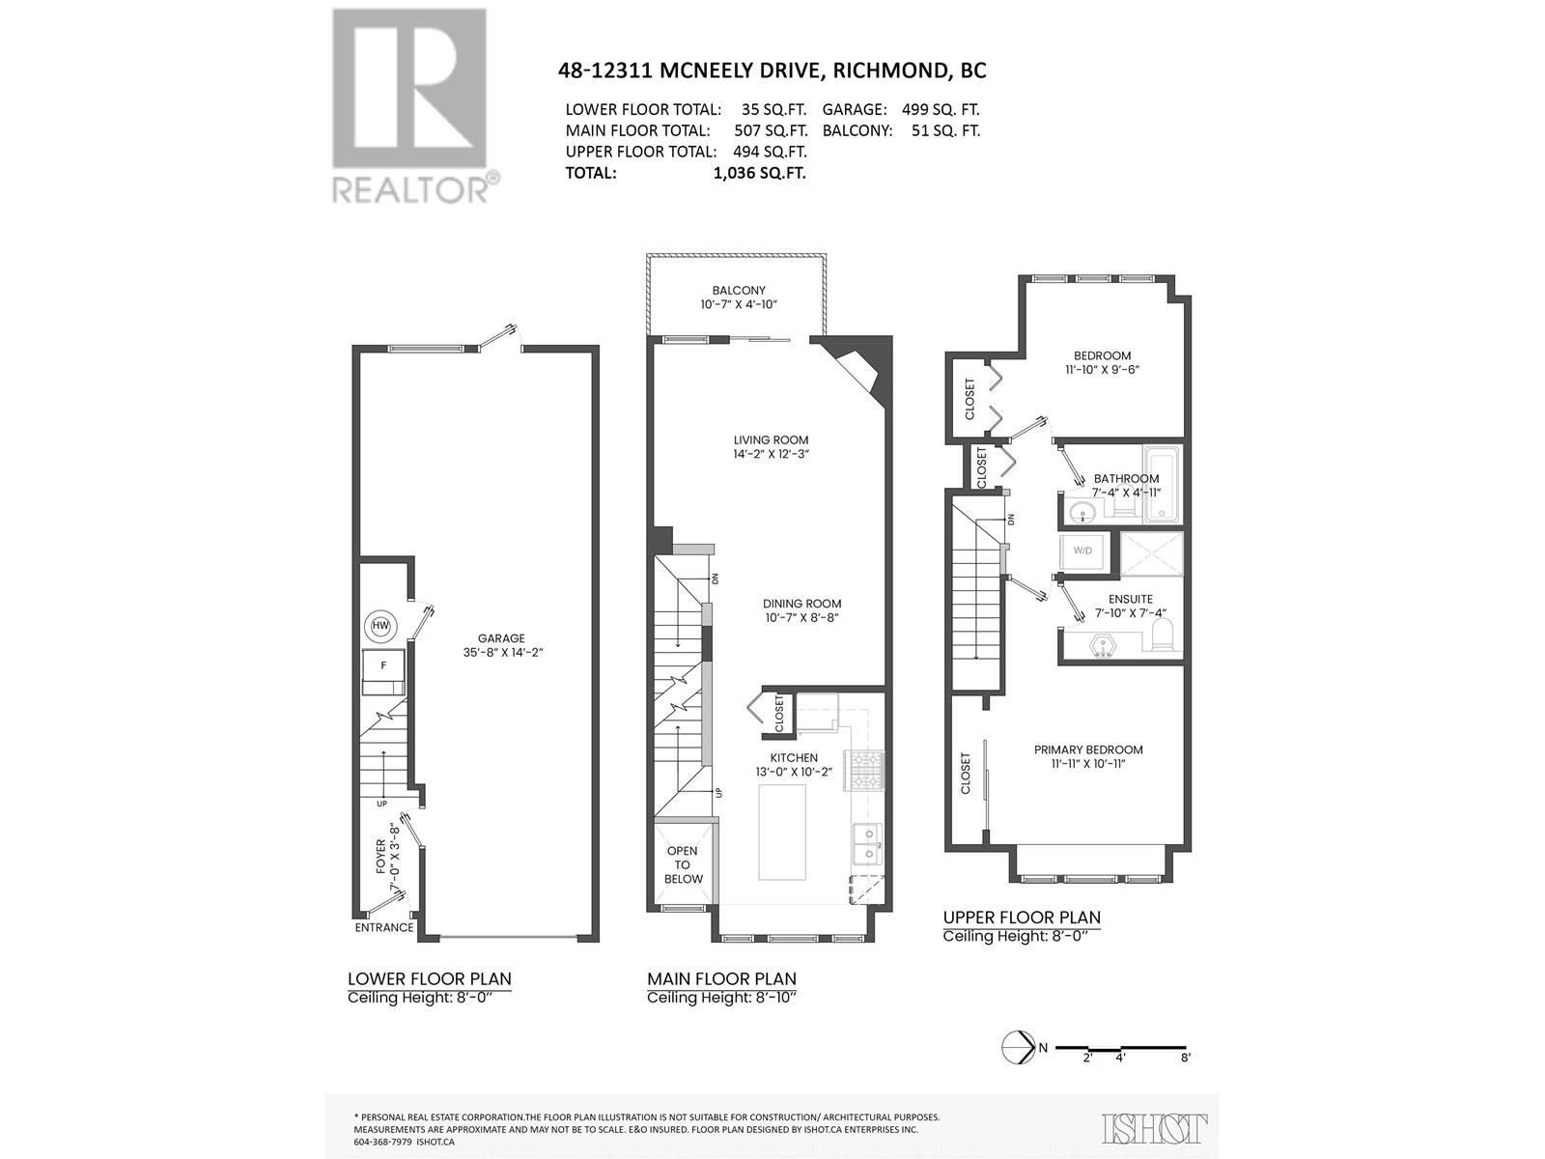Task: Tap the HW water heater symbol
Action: pos(381,627)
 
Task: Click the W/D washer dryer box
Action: pos(1082,551)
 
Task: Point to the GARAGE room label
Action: pos(501,638)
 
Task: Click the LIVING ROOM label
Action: pos(770,440)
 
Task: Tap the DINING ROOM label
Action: pos(802,604)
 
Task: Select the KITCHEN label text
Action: pos(794,758)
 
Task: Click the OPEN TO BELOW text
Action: pos(683,864)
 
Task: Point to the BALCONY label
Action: pos(739,290)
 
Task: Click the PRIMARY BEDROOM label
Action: pos(1088,749)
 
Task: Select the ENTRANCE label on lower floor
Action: pos(384,927)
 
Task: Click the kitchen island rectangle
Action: pos(782,832)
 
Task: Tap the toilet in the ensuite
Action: pos(1163,635)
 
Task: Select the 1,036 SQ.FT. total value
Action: pos(758,173)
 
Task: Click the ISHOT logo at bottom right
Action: pos(1155,1128)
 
